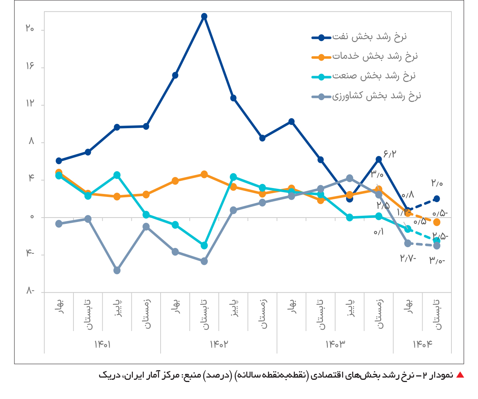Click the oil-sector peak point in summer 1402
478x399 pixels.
(x=204, y=16)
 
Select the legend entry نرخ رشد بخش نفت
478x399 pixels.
(x=369, y=37)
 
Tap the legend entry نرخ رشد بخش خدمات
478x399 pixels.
(x=375, y=57)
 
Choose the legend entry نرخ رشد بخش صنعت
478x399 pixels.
(x=374, y=76)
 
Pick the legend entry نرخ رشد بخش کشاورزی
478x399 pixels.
(x=376, y=96)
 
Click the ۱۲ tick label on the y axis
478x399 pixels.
(x=30, y=103)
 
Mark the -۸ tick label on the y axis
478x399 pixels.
(x=30, y=291)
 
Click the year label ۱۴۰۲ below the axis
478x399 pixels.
(x=219, y=344)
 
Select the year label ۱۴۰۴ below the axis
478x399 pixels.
(x=422, y=344)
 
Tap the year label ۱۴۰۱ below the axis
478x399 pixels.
(x=103, y=344)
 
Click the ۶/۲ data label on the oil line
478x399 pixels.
(x=390, y=154)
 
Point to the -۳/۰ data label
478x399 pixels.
(x=437, y=261)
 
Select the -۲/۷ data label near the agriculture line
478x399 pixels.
(x=408, y=258)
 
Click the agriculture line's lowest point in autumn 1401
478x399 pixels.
(x=117, y=270)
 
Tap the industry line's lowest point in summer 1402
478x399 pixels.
(x=204, y=246)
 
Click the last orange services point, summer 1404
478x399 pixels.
(x=437, y=222)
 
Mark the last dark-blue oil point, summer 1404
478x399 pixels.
(x=437, y=199)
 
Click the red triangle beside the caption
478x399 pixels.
(x=460, y=375)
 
